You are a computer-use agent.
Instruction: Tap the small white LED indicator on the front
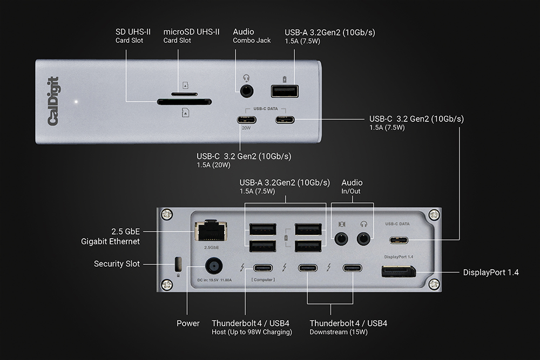pyautogui.click(x=77, y=101)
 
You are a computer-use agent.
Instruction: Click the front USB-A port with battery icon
pyautogui.click(x=285, y=91)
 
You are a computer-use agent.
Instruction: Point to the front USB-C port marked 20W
pyautogui.click(x=246, y=120)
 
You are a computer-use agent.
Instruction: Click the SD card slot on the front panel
pyautogui.click(x=184, y=101)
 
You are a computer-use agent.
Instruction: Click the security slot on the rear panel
pyautogui.click(x=177, y=264)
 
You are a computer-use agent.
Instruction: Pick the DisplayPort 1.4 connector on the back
pyautogui.click(x=399, y=271)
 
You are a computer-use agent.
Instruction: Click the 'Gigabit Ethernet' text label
pyautogui.click(x=111, y=241)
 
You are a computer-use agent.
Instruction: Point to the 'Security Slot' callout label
pyautogui.click(x=117, y=264)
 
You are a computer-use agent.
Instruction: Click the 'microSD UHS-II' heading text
pyautogui.click(x=191, y=32)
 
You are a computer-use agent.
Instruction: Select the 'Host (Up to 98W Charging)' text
pyautogui.click(x=252, y=332)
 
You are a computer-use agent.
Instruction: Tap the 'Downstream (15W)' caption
pyautogui.click(x=339, y=332)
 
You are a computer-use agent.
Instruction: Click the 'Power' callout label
pyautogui.click(x=188, y=323)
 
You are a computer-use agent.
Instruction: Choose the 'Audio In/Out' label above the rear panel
pyautogui.click(x=352, y=187)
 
